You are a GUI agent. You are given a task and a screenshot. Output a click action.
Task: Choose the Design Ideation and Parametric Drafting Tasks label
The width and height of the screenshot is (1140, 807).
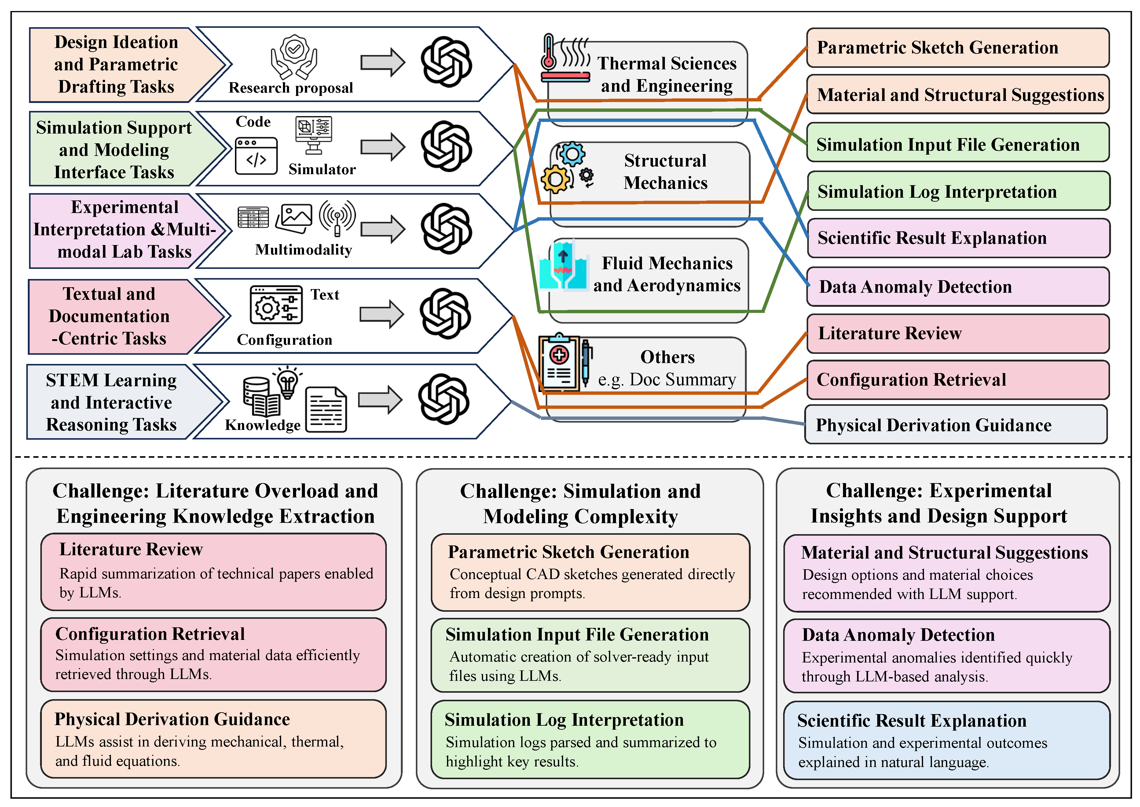tap(116, 64)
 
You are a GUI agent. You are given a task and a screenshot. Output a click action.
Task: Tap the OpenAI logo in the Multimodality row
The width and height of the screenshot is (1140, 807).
tap(446, 229)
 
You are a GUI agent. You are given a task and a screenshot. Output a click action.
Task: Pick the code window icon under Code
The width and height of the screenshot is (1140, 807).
tap(256, 156)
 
